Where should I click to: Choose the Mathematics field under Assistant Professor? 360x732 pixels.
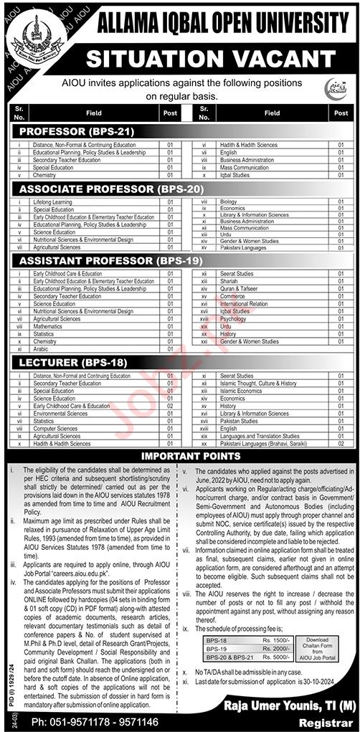click(x=48, y=306)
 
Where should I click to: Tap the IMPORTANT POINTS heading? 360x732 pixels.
click(x=180, y=456)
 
